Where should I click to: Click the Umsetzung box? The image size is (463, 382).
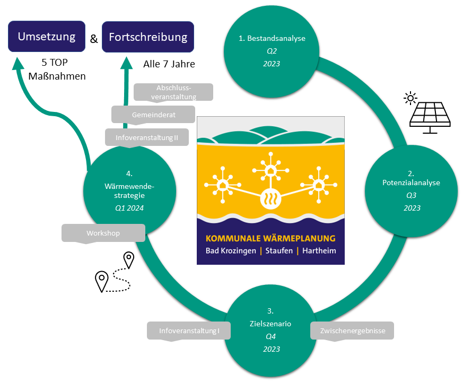pyautogui.click(x=46, y=37)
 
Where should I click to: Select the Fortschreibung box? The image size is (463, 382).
pyautogui.click(x=148, y=37)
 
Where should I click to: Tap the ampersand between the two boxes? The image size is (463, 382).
pyautogui.click(x=94, y=39)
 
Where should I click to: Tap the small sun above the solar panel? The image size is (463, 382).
pyautogui.click(x=409, y=98)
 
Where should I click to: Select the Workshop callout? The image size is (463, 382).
pyautogui.click(x=103, y=233)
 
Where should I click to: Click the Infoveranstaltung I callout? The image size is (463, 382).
pyautogui.click(x=189, y=331)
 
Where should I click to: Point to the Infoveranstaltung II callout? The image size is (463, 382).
pyautogui.click(x=147, y=137)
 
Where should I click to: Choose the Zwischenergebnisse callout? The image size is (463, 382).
pyautogui.click(x=352, y=331)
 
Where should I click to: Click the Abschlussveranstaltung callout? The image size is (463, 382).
pyautogui.click(x=173, y=92)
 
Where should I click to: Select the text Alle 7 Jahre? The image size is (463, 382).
pyautogui.click(x=169, y=65)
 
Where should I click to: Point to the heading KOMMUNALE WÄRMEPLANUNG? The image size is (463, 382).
pyautogui.click(x=270, y=238)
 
